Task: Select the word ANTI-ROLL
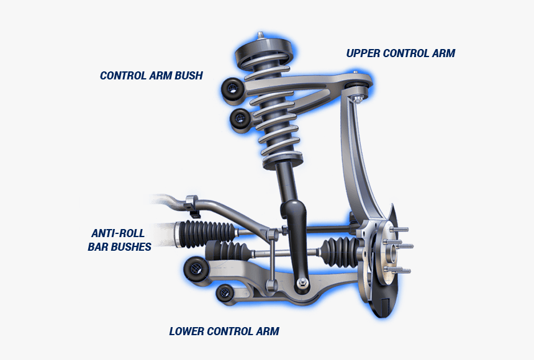(118, 233)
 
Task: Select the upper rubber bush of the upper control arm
(232, 90)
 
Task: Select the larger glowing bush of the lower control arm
(196, 269)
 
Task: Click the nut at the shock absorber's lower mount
(302, 284)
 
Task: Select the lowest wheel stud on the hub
(400, 270)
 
